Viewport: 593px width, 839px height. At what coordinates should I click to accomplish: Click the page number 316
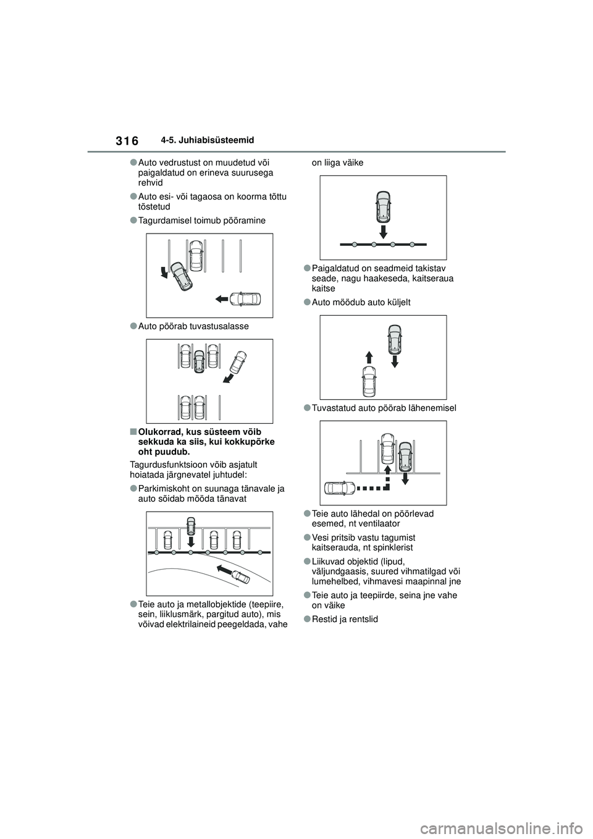[x=127, y=141]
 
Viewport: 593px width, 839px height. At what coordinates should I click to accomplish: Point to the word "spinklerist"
[x=392, y=547]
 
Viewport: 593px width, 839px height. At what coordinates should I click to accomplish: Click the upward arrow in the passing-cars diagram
[x=368, y=356]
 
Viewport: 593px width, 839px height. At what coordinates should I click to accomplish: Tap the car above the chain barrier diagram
[x=383, y=207]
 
